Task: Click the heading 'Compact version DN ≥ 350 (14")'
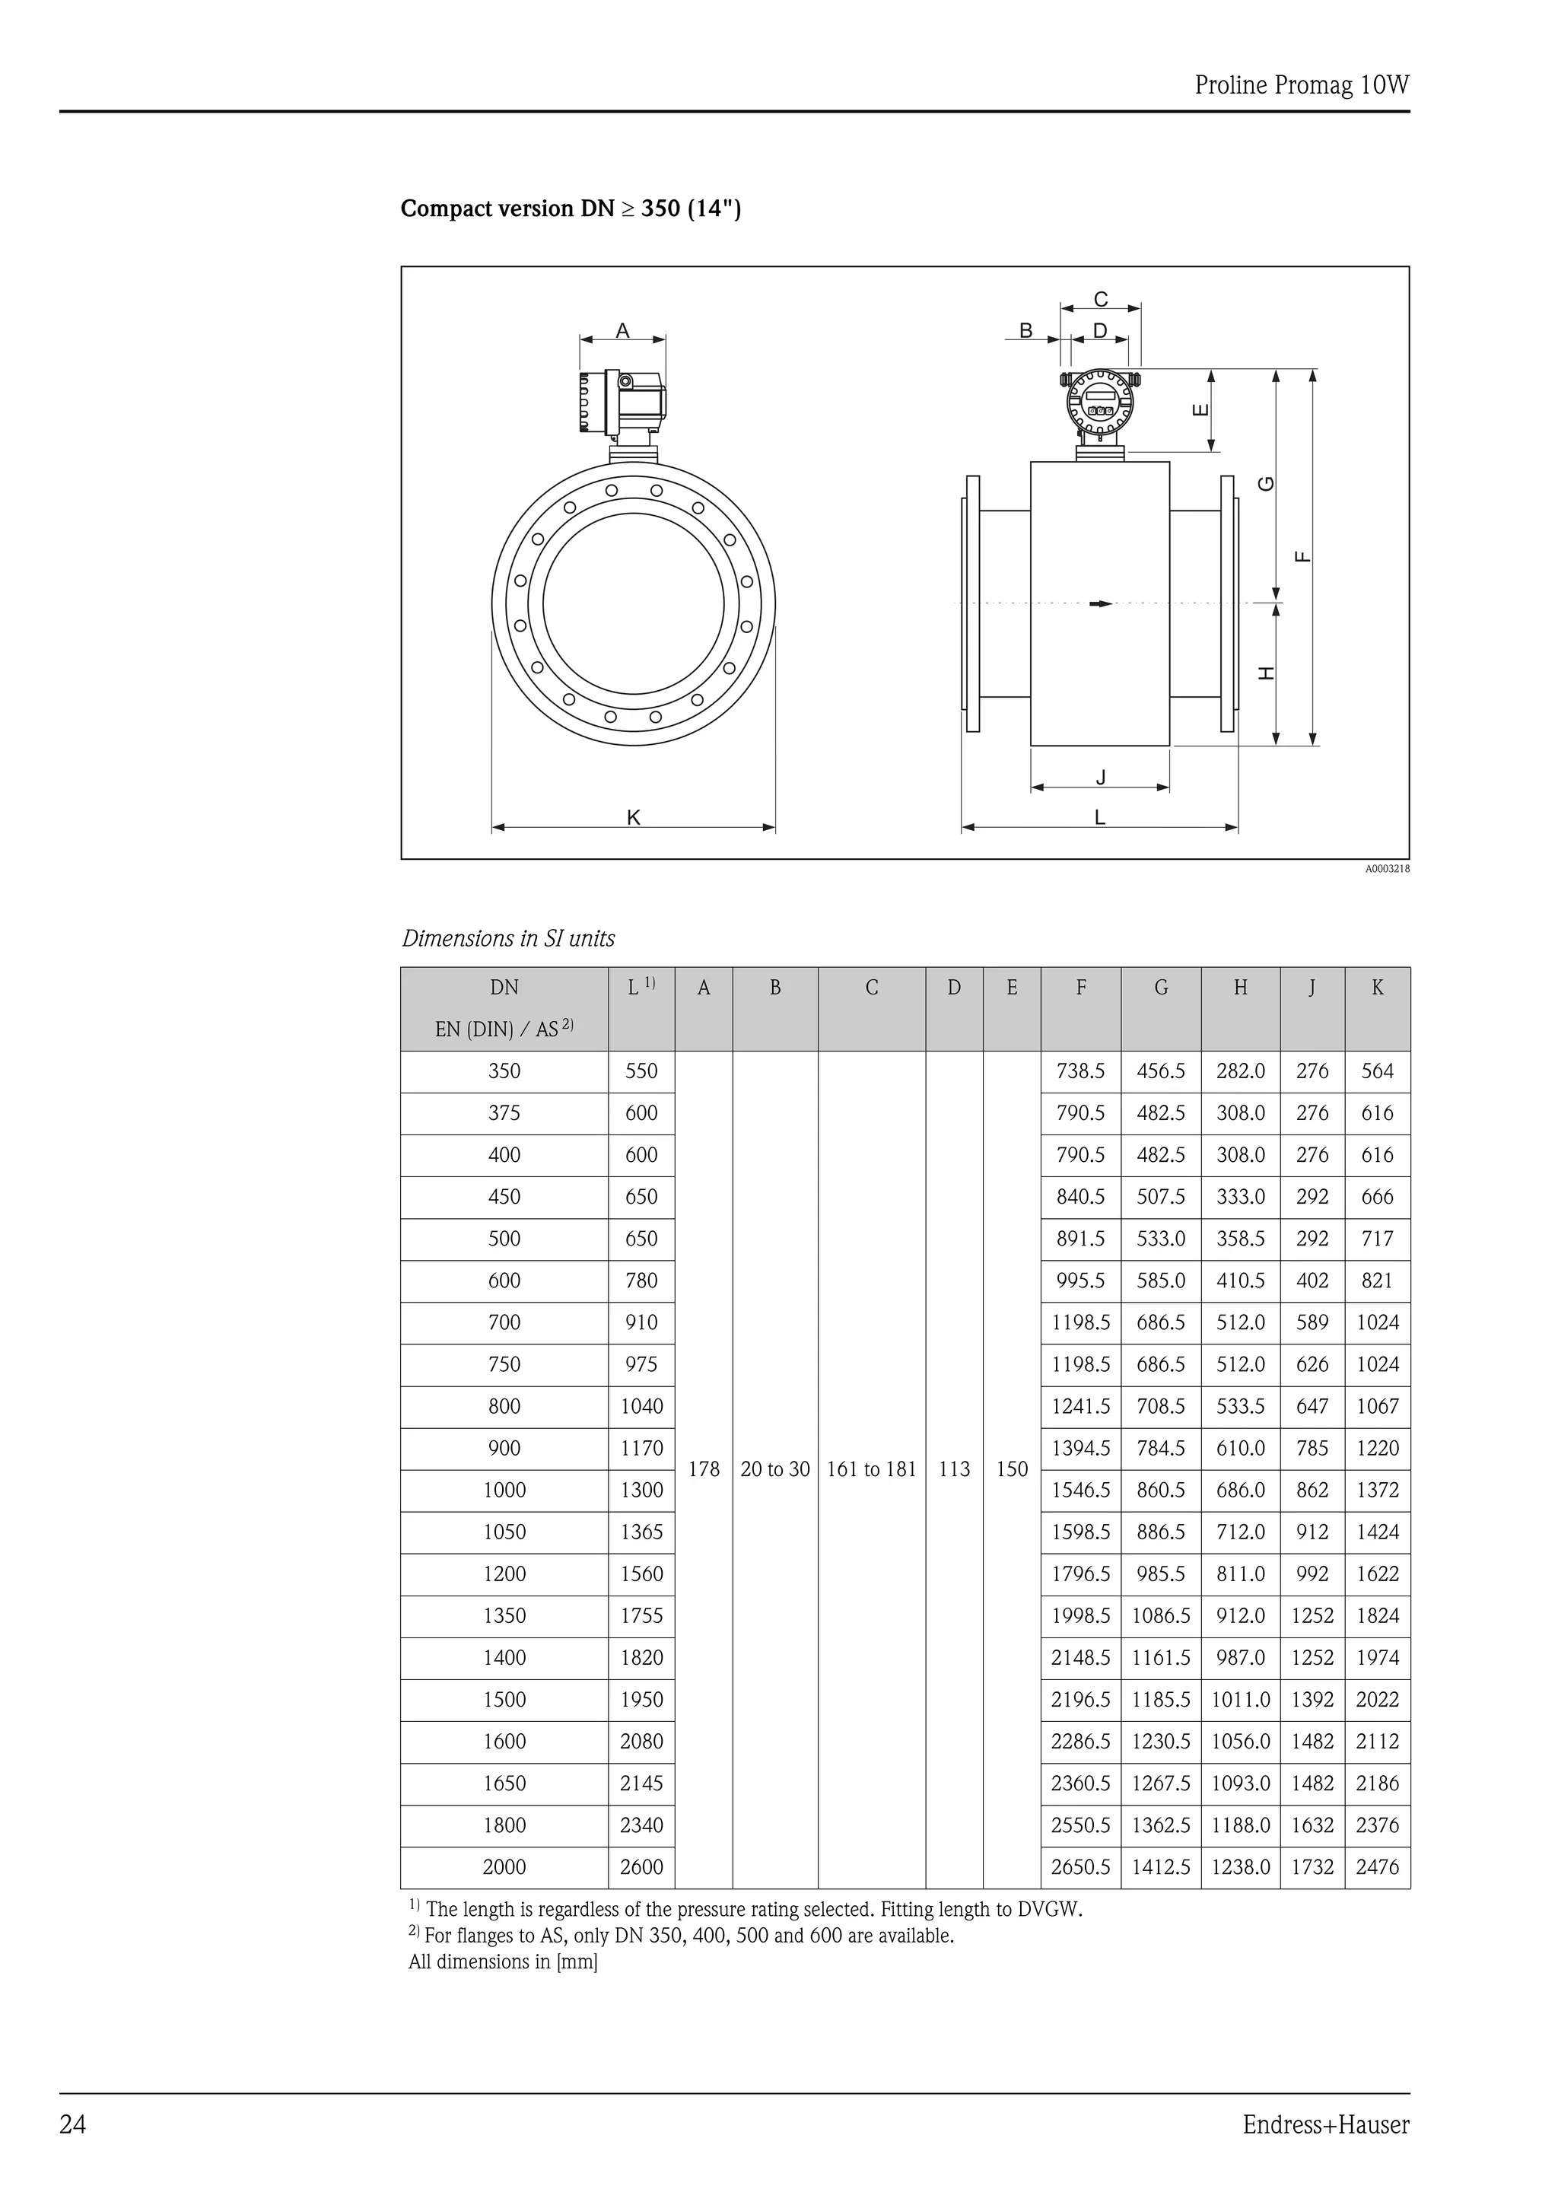point(571,208)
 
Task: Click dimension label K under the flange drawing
point(634,817)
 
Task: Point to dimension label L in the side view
point(1100,817)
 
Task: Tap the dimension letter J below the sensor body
point(1100,777)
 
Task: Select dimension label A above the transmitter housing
point(622,330)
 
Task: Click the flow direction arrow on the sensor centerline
point(1100,603)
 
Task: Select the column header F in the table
point(1081,988)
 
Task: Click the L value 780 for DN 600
point(641,1281)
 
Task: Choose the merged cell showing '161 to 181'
point(872,1469)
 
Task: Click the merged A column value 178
point(704,1469)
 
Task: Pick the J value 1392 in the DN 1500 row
point(1312,1699)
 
